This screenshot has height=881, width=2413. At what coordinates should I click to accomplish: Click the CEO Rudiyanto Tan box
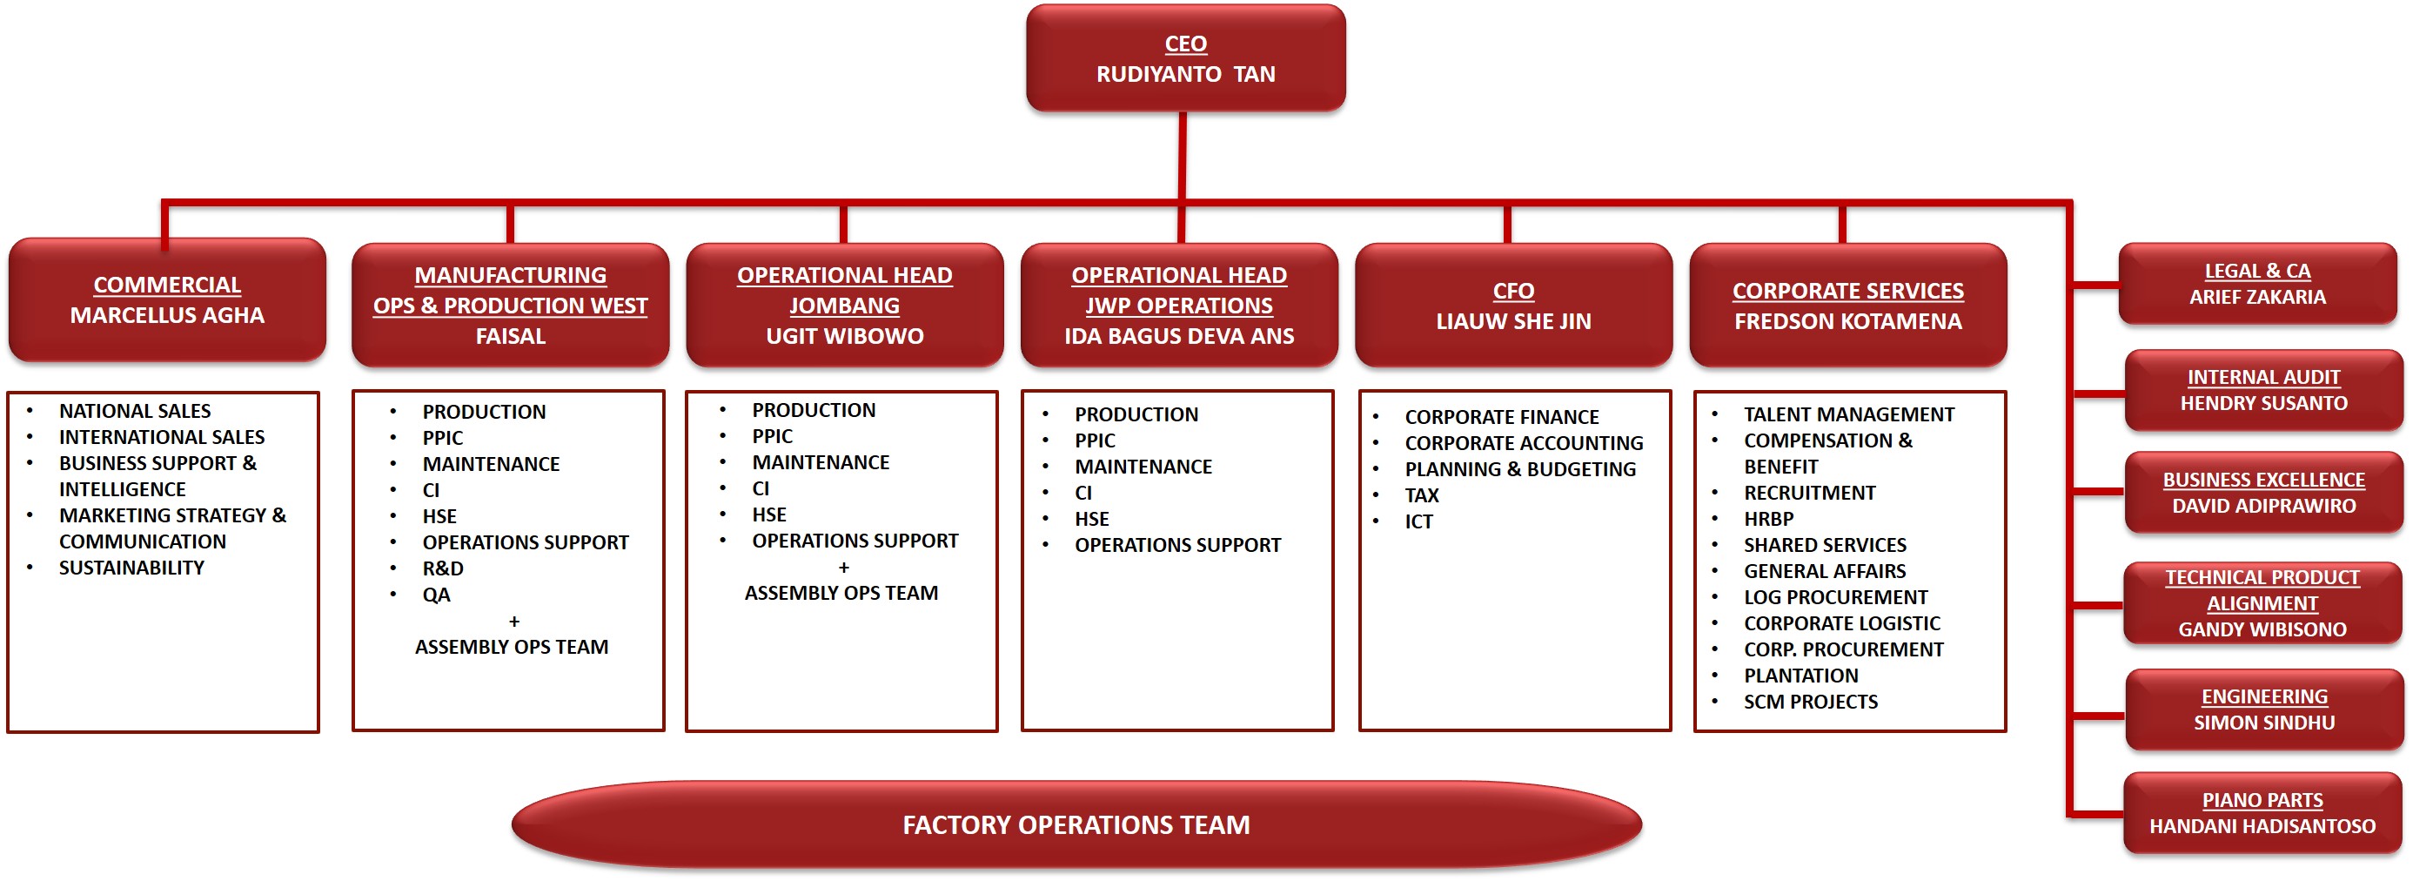pos(1185,58)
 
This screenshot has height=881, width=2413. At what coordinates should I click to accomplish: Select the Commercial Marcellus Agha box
pos(167,300)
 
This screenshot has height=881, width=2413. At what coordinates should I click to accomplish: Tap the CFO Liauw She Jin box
pos(1513,306)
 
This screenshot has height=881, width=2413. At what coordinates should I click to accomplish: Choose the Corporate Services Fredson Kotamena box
pos(1847,306)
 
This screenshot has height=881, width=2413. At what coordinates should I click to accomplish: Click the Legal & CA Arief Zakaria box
pos(2257,284)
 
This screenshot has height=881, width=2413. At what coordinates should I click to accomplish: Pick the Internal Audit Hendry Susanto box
pos(2263,390)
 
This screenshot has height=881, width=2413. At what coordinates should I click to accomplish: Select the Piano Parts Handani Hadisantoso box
pos(2262,812)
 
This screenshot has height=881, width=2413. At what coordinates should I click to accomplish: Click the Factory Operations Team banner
pos(1076,824)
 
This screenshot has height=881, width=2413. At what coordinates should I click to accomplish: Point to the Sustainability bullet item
pos(131,568)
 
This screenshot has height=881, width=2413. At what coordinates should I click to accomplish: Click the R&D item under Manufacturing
pos(442,568)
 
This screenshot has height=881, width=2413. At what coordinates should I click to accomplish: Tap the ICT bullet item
pos(1418,522)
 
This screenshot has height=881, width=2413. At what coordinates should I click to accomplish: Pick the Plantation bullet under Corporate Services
pos(1800,676)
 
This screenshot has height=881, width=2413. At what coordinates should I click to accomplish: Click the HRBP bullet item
pos(1768,519)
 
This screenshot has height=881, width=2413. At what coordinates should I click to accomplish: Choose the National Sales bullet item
pos(135,412)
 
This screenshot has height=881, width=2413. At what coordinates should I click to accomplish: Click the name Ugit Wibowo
pos(844,336)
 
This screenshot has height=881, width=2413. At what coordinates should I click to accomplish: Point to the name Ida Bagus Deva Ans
pos(1178,336)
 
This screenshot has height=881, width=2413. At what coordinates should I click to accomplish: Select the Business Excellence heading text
pos(2263,480)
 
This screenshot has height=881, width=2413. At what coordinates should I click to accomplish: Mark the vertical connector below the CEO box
pos(1183,156)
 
